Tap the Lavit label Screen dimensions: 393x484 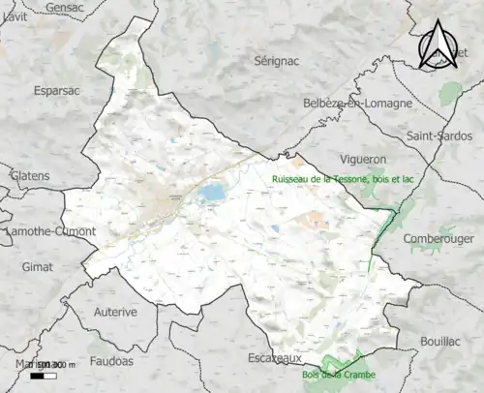(12, 33)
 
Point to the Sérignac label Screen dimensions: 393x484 (279, 60)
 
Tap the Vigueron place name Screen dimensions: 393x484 (363, 158)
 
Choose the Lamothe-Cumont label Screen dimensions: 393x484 (48, 232)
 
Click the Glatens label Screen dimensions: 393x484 (28, 175)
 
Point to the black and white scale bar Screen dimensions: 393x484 (43, 375)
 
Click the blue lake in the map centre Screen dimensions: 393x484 (210, 195)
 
